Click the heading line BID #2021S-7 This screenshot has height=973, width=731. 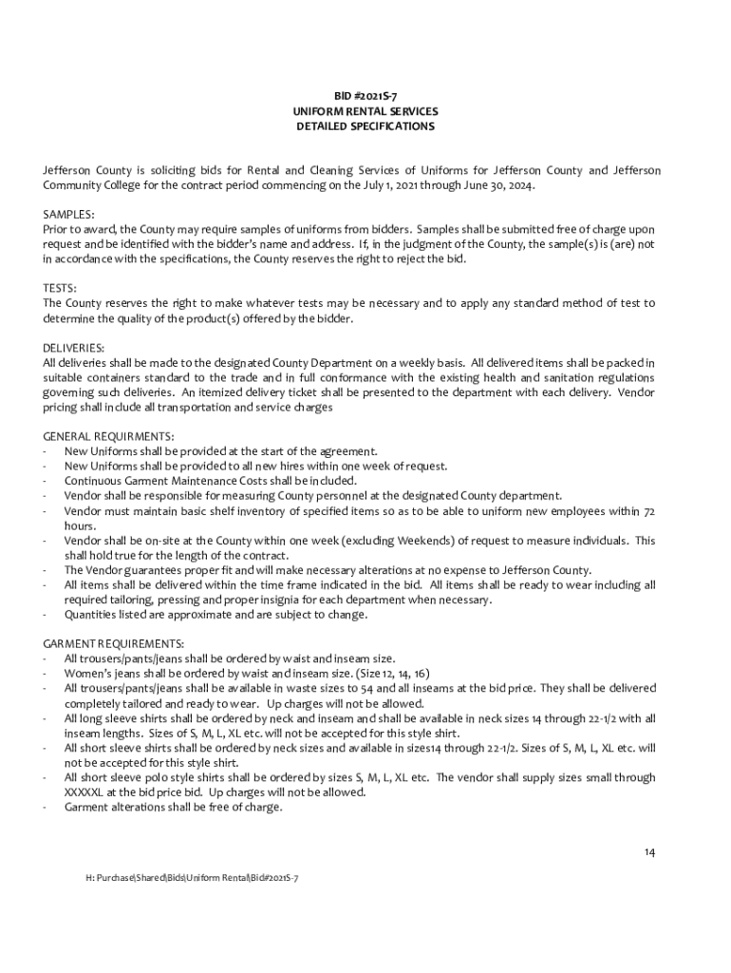(x=365, y=98)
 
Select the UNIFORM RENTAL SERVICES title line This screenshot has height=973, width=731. (x=365, y=112)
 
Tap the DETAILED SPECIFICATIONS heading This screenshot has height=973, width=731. (x=365, y=126)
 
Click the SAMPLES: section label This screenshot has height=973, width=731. (x=68, y=215)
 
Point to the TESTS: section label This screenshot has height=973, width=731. (x=60, y=288)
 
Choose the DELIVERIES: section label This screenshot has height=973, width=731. (x=74, y=348)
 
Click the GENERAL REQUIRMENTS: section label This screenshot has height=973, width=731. (x=109, y=436)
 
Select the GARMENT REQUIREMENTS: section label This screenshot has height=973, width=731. (x=114, y=643)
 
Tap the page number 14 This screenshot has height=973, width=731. (x=648, y=851)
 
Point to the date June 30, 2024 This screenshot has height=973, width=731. (x=493, y=185)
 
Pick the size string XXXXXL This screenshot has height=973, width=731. (x=85, y=792)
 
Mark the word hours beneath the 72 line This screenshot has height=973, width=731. (x=80, y=525)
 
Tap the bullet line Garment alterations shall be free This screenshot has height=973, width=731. (x=173, y=807)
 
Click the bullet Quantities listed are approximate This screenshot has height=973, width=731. (x=216, y=615)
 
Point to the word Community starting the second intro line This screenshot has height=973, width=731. (x=74, y=185)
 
